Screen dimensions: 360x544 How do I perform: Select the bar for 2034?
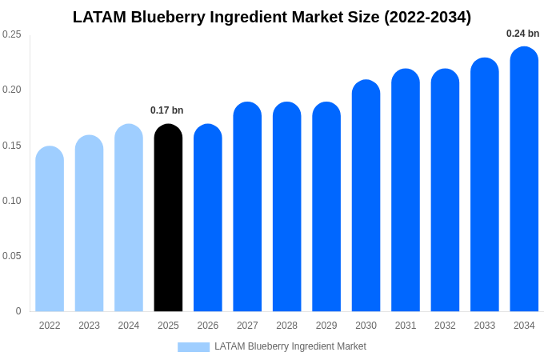(x=524, y=179)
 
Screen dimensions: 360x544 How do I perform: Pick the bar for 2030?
(x=366, y=196)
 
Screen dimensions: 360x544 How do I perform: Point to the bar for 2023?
(x=89, y=223)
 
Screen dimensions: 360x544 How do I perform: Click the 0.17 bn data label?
(x=166, y=110)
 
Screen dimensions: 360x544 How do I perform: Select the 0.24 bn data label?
(x=522, y=34)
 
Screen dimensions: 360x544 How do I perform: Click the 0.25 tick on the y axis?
(x=12, y=34)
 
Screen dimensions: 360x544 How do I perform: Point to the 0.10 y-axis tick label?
(x=12, y=201)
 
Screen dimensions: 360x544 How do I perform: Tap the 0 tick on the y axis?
(x=18, y=311)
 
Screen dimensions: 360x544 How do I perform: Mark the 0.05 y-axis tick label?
(x=12, y=256)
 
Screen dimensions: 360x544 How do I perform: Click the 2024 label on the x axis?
(x=129, y=326)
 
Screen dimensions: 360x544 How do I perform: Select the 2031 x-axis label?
(x=406, y=326)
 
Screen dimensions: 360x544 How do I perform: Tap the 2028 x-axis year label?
(x=286, y=326)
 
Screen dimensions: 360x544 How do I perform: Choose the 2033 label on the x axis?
(x=484, y=326)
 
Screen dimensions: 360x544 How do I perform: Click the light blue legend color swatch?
(x=193, y=347)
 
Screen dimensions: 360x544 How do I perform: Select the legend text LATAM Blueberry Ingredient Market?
(x=290, y=346)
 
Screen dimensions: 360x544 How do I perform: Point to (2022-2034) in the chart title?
(x=427, y=17)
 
